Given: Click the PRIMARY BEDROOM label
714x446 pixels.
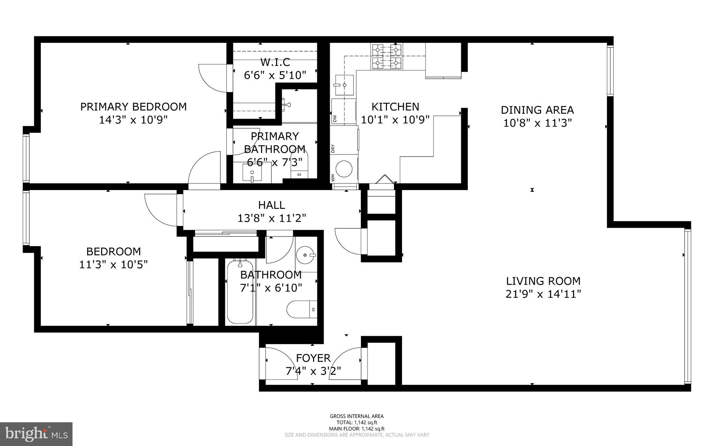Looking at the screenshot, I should point(133,107).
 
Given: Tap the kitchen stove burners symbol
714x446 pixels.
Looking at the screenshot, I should point(387,56).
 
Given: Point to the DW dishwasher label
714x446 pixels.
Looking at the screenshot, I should point(335,119).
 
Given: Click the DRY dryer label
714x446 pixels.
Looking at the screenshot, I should point(333,149).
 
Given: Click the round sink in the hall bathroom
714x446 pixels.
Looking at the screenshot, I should point(306,255).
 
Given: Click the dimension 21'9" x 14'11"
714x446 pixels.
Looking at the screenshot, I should point(543,294).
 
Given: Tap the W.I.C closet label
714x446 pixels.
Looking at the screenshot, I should point(275,62).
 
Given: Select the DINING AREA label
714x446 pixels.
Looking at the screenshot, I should point(537,110).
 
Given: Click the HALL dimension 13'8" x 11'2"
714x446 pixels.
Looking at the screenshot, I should point(272,218).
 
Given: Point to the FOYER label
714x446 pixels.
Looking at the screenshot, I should point(313,358).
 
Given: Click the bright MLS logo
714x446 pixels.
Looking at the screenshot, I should point(36,434).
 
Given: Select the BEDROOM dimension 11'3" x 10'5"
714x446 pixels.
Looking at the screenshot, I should point(113,265).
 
